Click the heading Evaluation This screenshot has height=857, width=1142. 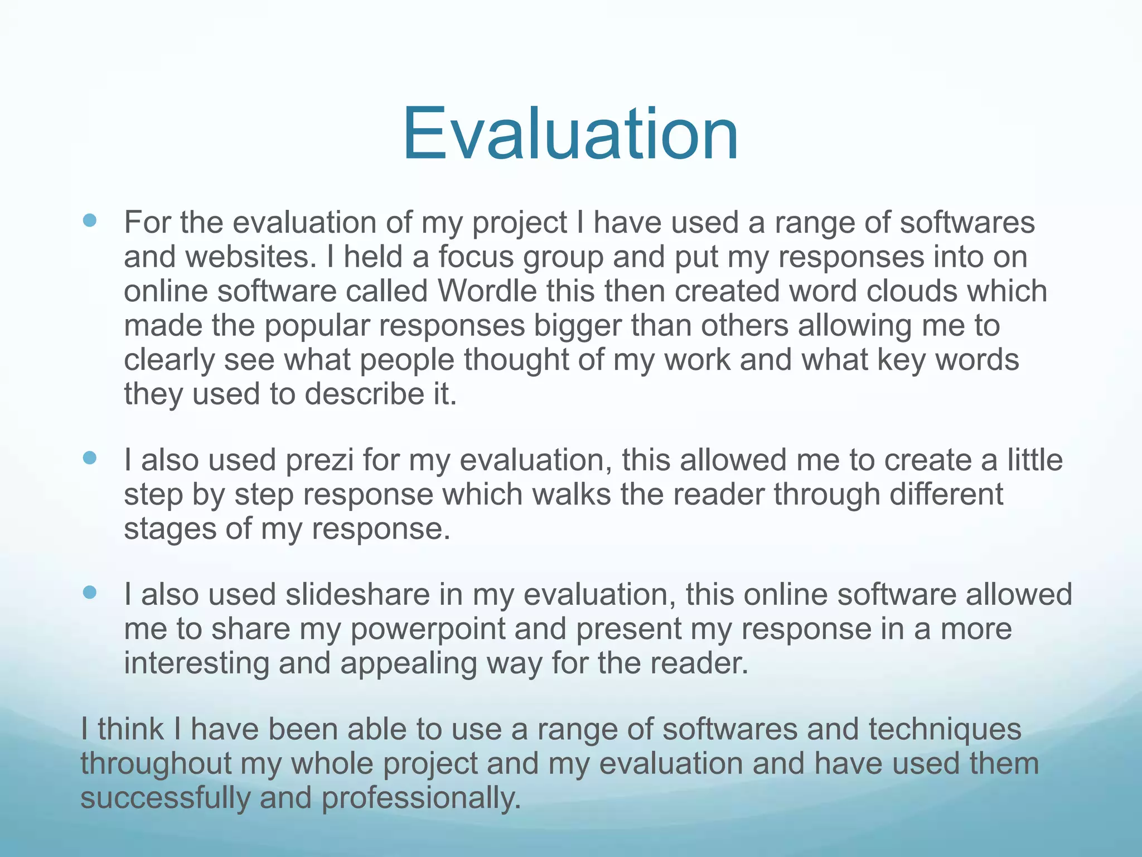click(x=570, y=134)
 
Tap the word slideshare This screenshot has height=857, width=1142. click(x=357, y=594)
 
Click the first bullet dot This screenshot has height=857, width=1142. click(x=89, y=221)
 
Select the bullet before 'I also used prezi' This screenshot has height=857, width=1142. click(x=89, y=459)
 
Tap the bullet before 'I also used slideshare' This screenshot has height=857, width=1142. click(x=89, y=593)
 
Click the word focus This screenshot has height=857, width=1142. click(x=475, y=257)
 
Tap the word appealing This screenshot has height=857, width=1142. click(x=409, y=663)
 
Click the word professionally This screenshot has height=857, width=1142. click(x=421, y=798)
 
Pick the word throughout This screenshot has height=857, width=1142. click(x=156, y=764)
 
